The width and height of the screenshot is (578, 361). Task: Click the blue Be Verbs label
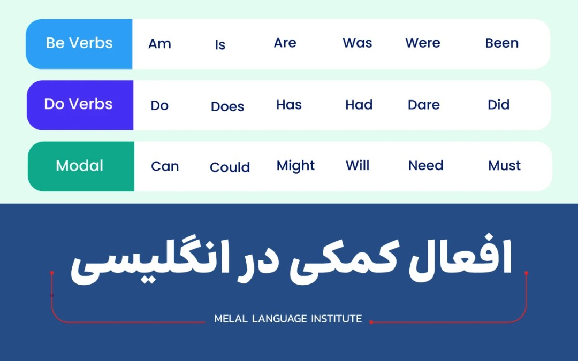click(x=79, y=44)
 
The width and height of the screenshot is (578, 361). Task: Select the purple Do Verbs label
click(x=79, y=104)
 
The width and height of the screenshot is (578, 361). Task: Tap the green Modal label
click(x=80, y=166)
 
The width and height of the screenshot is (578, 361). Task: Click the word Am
click(x=159, y=44)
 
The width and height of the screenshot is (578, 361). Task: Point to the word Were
click(x=422, y=43)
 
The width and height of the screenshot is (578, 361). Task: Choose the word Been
click(x=501, y=43)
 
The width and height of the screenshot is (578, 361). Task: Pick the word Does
click(x=227, y=106)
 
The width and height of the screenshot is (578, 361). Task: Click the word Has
click(x=289, y=105)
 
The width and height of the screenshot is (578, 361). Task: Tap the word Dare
click(x=423, y=105)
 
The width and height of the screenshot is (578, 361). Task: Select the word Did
click(x=498, y=105)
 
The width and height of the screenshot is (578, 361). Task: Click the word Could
click(x=230, y=167)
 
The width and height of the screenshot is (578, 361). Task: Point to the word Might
click(x=295, y=166)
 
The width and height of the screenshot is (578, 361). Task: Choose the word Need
click(x=425, y=166)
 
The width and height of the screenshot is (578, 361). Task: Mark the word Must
click(x=504, y=166)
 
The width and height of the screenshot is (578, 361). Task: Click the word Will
click(x=358, y=166)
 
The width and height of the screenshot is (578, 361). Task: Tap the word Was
click(x=357, y=43)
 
